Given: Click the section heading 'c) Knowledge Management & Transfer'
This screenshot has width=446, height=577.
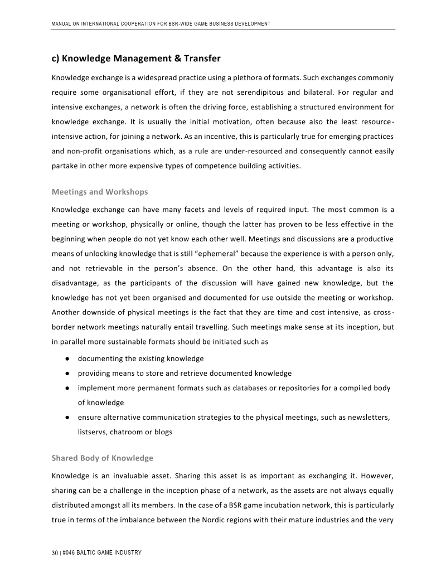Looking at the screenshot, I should (135, 59).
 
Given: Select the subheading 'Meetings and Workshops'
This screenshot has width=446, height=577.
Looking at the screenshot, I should (100, 192).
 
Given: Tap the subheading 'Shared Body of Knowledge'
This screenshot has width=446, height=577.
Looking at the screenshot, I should (102, 458).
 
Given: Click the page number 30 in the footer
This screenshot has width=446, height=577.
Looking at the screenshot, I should (55, 552).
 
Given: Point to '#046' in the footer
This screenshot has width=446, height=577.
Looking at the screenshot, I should (70, 552).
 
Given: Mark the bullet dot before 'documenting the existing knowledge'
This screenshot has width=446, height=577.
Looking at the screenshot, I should (66, 358).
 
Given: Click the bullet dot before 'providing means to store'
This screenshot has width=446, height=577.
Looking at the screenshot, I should (66, 374).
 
